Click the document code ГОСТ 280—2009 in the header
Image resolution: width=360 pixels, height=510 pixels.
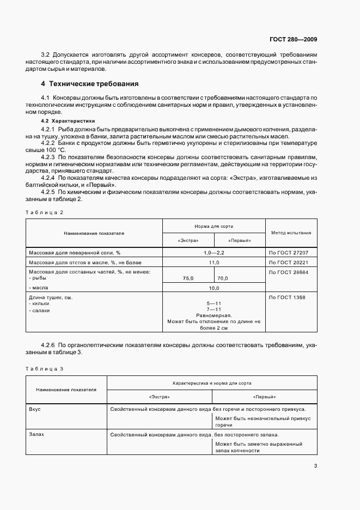pyautogui.click(x=293, y=39)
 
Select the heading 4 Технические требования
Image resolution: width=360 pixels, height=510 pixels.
pyautogui.click(x=90, y=84)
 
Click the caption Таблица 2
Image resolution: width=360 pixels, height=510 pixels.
pyautogui.click(x=46, y=211)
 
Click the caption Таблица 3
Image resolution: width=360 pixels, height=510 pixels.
pyautogui.click(x=46, y=369)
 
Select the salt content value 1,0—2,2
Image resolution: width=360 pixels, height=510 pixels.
pyautogui.click(x=213, y=253)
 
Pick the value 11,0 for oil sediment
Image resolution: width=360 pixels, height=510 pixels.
pyautogui.click(x=213, y=262)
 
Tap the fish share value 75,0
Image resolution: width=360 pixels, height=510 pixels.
pyautogui.click(x=188, y=278)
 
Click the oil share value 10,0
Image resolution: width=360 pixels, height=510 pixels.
pyautogui.click(x=213, y=288)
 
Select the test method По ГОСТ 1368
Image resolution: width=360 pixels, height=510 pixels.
pyautogui.click(x=287, y=297)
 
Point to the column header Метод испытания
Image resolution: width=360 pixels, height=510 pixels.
pyautogui.click(x=291, y=233)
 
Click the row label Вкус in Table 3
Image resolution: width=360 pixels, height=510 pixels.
pyautogui.click(x=35, y=409)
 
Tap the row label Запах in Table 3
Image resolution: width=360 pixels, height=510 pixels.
pyautogui.click(x=36, y=435)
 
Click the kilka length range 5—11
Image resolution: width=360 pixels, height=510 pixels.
pyautogui.click(x=213, y=303)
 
